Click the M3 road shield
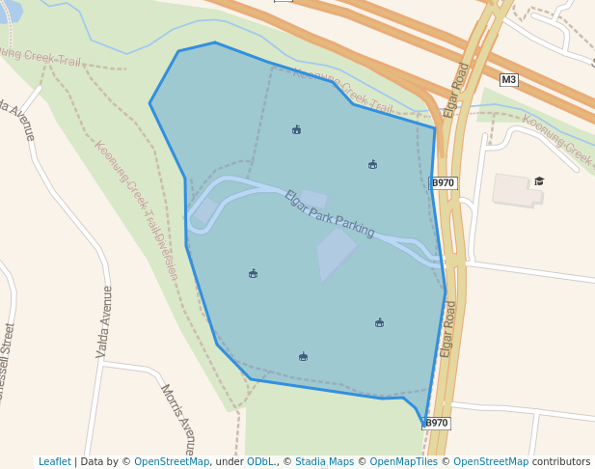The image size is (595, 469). pyautogui.click(x=508, y=80)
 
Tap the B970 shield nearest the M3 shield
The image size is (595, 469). pyautogui.click(x=443, y=183)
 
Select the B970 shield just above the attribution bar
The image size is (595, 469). pyautogui.click(x=436, y=423)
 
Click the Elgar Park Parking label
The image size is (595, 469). pyautogui.click(x=329, y=213)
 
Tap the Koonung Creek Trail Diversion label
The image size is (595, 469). pyautogui.click(x=136, y=209)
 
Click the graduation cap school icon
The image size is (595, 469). pyautogui.click(x=539, y=181)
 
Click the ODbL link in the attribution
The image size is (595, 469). pyautogui.click(x=260, y=462)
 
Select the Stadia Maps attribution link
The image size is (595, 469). pyautogui.click(x=325, y=462)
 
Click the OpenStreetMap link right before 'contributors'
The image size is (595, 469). pyautogui.click(x=491, y=462)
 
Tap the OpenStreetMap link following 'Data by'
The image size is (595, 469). pyautogui.click(x=171, y=462)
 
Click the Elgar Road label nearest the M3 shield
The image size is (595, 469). pyautogui.click(x=456, y=91)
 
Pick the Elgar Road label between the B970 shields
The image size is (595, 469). pyautogui.click(x=448, y=327)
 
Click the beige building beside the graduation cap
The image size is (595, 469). pyautogui.click(x=516, y=190)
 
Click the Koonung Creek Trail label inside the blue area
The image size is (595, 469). pyautogui.click(x=342, y=92)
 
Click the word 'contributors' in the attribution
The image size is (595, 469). pyautogui.click(x=561, y=462)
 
